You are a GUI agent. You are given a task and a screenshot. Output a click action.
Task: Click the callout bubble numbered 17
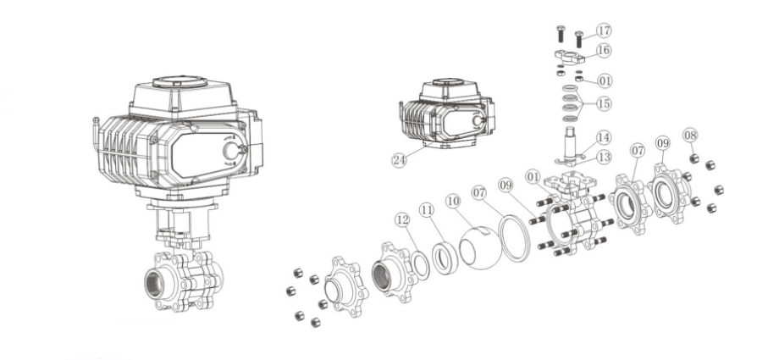click(x=604, y=30)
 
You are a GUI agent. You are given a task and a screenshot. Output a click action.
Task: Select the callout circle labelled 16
click(x=604, y=50)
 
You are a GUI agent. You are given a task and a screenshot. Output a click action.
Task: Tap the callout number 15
click(x=604, y=104)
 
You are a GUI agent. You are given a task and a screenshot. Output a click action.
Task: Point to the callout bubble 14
click(x=604, y=137)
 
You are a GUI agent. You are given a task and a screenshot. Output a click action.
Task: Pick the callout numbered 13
click(x=604, y=158)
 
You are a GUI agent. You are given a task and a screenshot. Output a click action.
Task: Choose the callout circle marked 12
click(x=402, y=219)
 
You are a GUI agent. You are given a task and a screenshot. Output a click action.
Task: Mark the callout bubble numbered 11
click(x=427, y=210)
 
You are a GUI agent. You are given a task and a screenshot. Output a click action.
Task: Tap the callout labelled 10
click(x=453, y=201)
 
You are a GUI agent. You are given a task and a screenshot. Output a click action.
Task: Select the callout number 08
click(x=690, y=135)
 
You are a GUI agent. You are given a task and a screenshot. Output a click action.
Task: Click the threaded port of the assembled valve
click(x=153, y=284)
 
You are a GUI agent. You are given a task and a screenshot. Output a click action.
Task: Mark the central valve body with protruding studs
click(x=572, y=213)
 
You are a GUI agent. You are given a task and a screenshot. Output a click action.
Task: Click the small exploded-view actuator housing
click(x=446, y=114)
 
